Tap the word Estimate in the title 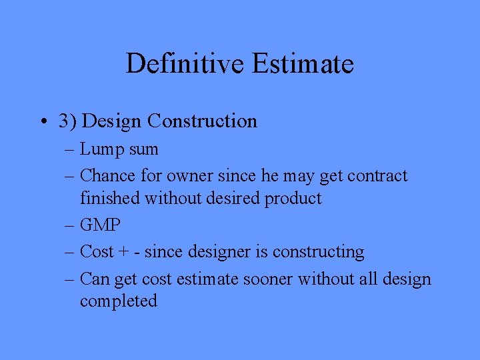pos(303,64)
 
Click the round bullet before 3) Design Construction pos(42,121)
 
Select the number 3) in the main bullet pos(67,121)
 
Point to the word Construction pos(203,121)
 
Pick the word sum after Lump pos(143,149)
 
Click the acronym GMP pos(101,225)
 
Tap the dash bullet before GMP pos(70,226)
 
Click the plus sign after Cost pos(123,253)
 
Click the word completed pos(119,301)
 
